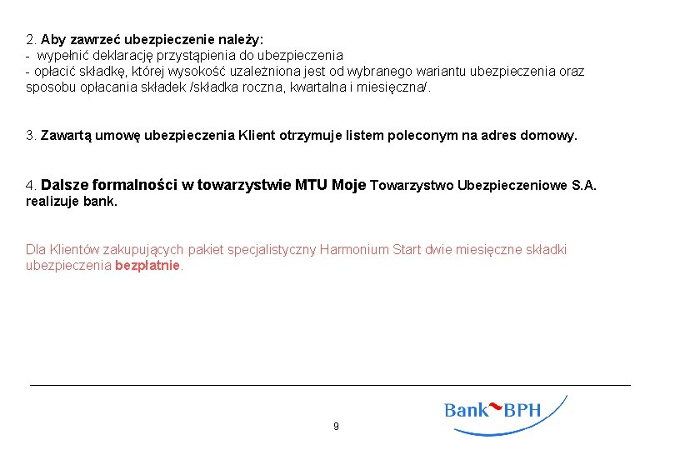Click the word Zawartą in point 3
click(66, 135)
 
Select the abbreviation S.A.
click(584, 185)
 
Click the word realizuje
click(52, 201)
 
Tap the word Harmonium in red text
click(354, 249)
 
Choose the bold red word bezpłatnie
click(147, 266)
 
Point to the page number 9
click(336, 427)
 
